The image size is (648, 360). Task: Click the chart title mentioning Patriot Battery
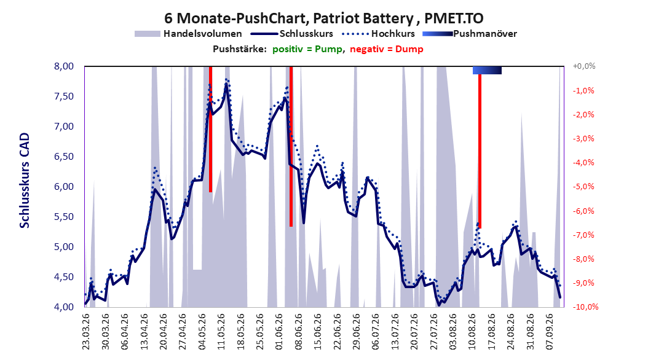323,18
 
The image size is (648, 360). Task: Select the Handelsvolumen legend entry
188,34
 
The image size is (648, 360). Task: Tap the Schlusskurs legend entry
292,34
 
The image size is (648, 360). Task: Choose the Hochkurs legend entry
378,34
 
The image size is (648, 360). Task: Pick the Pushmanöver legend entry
470,34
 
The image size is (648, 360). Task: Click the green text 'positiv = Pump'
307,49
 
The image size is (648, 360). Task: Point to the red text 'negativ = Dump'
387,49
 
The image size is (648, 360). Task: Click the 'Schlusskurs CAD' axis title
25,181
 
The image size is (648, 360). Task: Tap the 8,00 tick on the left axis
64,66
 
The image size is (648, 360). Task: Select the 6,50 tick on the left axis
64,157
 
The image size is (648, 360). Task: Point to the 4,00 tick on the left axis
64,307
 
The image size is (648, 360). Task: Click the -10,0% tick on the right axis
585,307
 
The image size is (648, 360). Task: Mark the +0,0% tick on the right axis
584,66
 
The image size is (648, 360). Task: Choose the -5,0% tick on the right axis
583,187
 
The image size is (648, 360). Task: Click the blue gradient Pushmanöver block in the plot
488,70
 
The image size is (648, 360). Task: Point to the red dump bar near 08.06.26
291,147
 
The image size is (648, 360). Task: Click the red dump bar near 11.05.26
210,129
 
